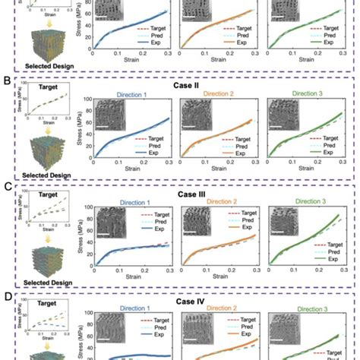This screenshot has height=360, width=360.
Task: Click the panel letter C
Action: coord(7,184)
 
